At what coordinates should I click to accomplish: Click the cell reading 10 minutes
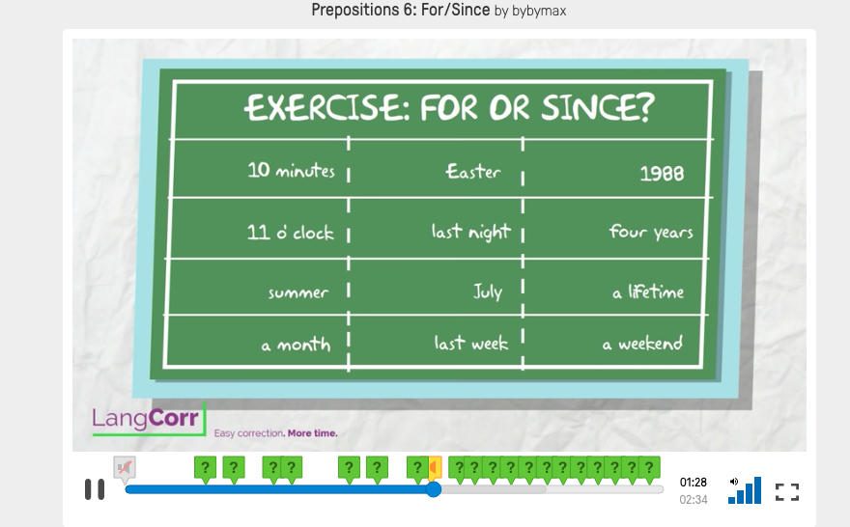click(291, 171)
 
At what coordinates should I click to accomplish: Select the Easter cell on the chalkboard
click(472, 172)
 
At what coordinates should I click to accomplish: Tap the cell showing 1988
click(662, 174)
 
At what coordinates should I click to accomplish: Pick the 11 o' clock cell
click(290, 233)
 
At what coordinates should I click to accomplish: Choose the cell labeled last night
click(471, 232)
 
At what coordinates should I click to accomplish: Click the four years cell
click(650, 232)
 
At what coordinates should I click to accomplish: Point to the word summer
click(298, 293)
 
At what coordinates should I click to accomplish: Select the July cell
click(488, 291)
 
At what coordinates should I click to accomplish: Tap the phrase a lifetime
click(648, 292)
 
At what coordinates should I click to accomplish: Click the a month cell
click(296, 345)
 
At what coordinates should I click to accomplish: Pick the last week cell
click(471, 343)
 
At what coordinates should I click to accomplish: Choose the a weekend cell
click(642, 344)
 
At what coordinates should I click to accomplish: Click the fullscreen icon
click(787, 492)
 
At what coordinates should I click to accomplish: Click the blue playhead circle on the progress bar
click(433, 489)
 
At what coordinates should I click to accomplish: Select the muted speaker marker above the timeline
click(125, 467)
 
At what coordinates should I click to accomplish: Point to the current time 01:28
click(694, 482)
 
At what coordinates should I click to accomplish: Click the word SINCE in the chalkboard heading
click(597, 107)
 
